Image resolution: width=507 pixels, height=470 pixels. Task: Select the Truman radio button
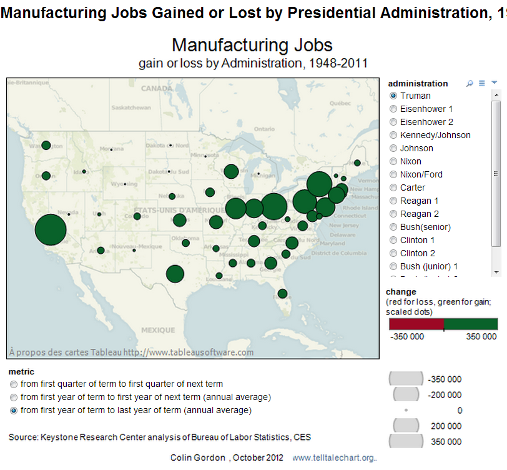(393, 96)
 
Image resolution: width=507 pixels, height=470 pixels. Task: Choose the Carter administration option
(393, 187)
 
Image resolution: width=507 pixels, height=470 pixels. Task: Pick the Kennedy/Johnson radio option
(393, 135)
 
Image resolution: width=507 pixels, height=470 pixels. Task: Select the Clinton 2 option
(393, 253)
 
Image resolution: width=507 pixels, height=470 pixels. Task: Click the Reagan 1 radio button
(393, 201)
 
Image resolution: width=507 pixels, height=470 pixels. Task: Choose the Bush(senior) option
(393, 227)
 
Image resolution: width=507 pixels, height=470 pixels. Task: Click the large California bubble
(51, 229)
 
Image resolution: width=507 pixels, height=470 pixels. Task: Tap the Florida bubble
(282, 293)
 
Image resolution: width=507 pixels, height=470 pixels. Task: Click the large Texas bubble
(175, 274)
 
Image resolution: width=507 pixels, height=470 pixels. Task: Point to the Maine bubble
(357, 162)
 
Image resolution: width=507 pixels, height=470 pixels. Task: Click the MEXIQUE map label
(158, 329)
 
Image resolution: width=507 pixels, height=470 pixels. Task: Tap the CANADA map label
(156, 89)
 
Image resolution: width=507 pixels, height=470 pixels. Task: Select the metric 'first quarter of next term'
(14, 384)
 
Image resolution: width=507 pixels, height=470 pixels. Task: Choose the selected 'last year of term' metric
(14, 411)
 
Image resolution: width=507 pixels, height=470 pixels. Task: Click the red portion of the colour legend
(416, 324)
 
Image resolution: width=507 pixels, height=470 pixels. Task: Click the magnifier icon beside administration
(470, 83)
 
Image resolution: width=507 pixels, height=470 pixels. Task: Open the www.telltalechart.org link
(335, 457)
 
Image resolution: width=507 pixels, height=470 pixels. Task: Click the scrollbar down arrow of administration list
(496, 272)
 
